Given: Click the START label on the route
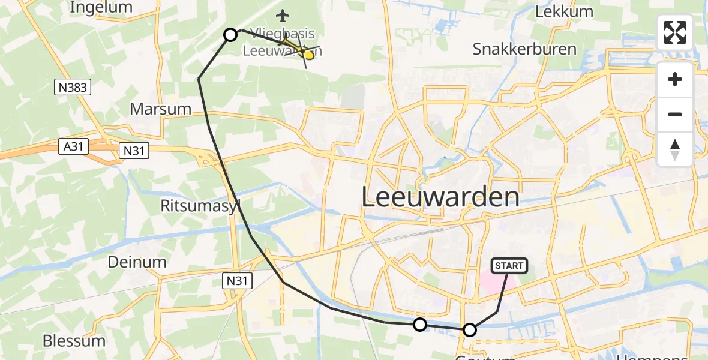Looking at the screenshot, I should tap(509, 266).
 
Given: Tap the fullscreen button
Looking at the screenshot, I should tap(675, 32).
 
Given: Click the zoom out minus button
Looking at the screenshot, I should tap(675, 114).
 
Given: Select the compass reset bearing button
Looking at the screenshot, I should tap(675, 149).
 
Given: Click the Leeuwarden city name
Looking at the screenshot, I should tap(440, 197).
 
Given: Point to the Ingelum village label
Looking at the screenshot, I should tap(101, 7).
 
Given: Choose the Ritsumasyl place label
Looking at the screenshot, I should tap(201, 206).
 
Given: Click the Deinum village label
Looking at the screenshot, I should tap(137, 262).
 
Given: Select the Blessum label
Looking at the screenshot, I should tap(74, 341).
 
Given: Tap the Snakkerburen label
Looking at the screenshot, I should tap(524, 49).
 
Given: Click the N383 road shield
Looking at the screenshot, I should tap(74, 88).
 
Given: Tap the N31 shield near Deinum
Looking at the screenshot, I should tap(239, 280).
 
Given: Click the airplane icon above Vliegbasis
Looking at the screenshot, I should tap(282, 14).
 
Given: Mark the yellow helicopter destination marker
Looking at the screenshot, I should tap(308, 55).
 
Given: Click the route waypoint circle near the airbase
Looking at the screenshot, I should tap(230, 35).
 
